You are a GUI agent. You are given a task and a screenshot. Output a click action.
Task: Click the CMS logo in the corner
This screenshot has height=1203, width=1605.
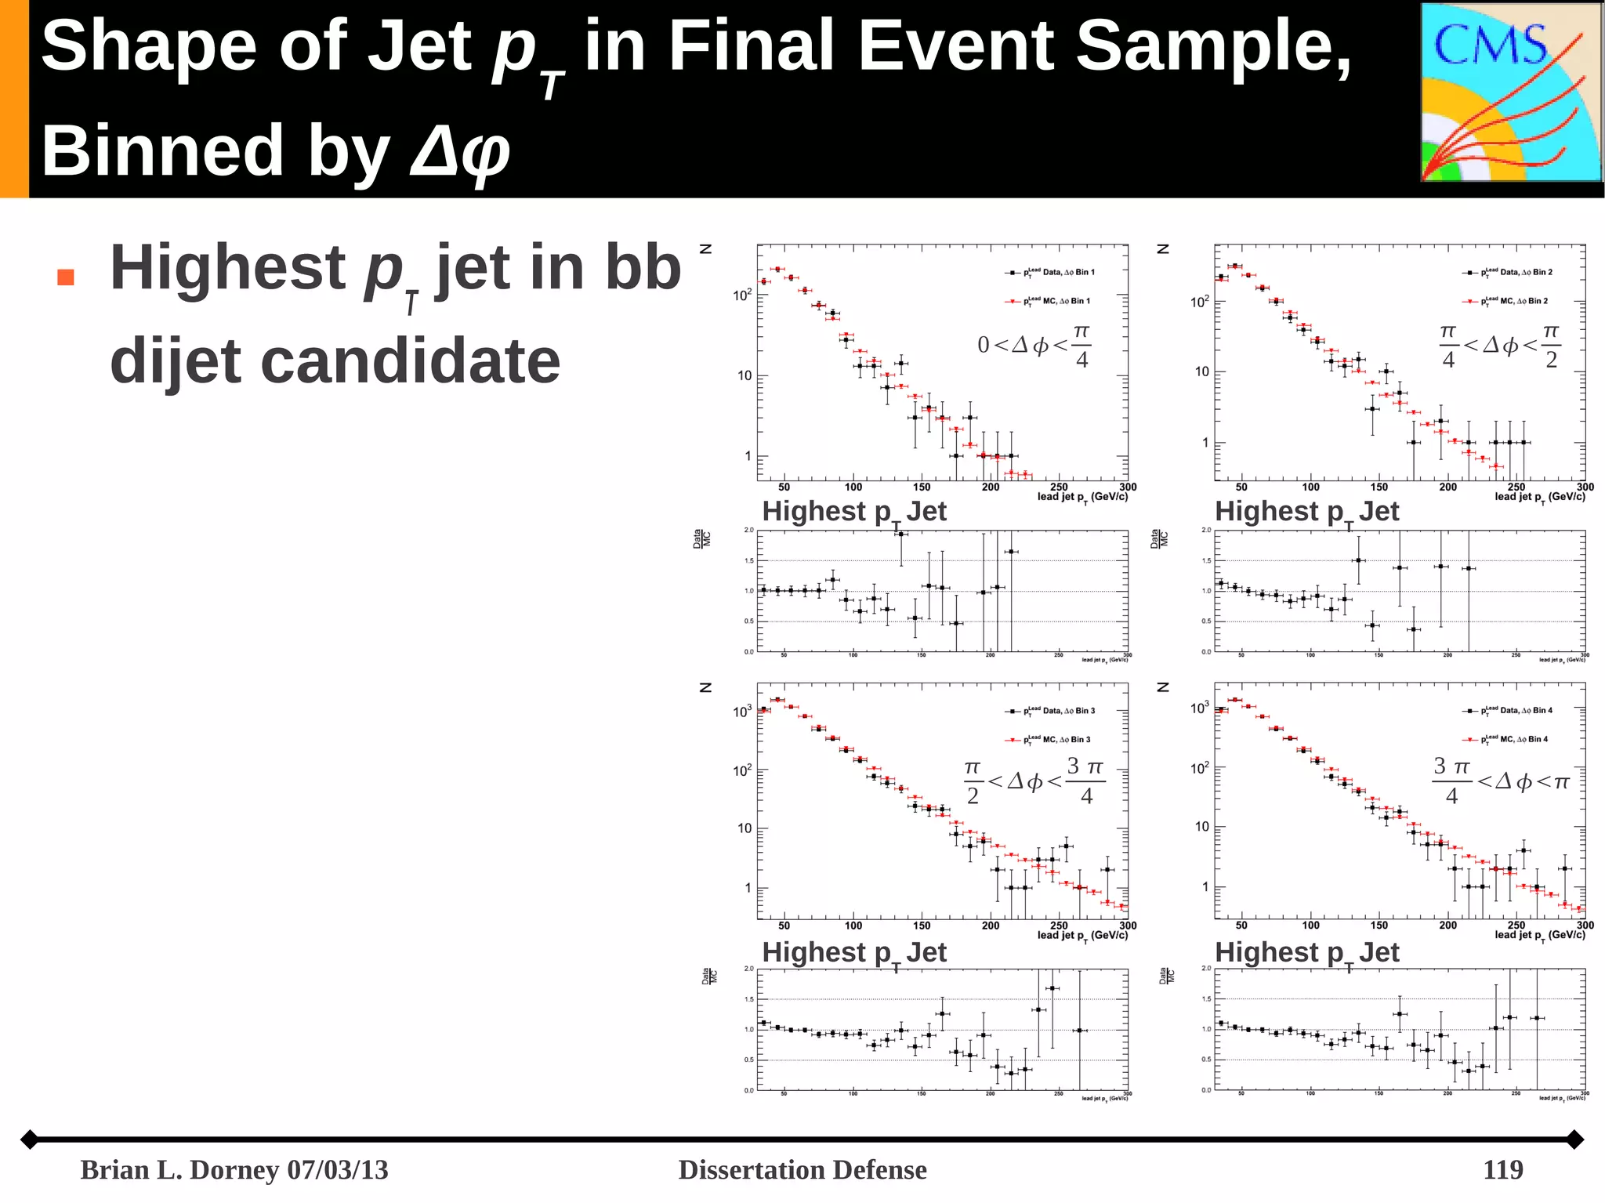[x=1510, y=92]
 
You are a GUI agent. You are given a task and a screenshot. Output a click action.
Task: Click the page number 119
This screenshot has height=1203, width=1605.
[x=1502, y=1169]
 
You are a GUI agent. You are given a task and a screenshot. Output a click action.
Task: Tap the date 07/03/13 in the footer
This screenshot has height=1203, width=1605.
[x=338, y=1169]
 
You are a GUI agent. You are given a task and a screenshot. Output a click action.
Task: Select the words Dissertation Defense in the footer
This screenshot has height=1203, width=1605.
[x=802, y=1169]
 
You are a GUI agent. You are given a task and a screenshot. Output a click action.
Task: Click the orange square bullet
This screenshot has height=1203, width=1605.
[x=66, y=277]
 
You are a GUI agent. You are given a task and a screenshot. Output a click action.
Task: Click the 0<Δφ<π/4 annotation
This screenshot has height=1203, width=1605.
[x=1034, y=345]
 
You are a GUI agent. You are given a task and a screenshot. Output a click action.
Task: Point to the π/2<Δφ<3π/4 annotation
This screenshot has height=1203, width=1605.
[x=1034, y=781]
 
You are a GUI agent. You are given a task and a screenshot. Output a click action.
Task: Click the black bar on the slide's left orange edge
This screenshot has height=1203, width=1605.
[x=14, y=99]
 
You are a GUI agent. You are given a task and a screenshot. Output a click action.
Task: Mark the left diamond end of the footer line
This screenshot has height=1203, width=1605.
[x=30, y=1139]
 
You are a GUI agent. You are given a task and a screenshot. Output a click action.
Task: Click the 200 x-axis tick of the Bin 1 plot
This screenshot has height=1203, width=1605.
[x=991, y=487]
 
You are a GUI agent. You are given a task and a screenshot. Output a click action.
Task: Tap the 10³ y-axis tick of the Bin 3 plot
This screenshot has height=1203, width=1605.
[x=742, y=712]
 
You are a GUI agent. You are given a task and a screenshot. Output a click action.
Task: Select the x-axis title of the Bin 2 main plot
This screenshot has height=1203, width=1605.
[x=1539, y=497]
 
